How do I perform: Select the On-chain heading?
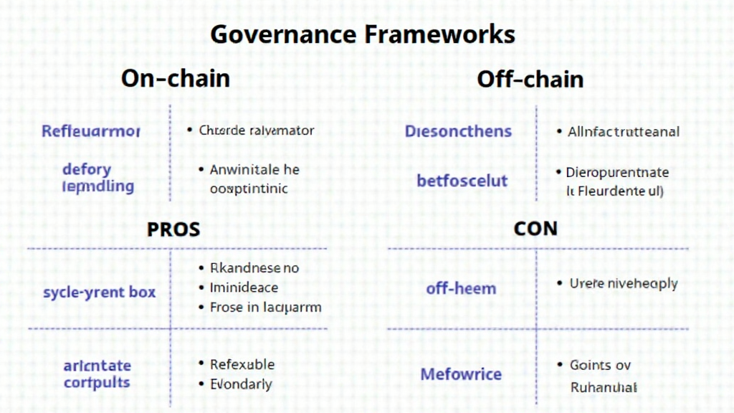[x=176, y=77]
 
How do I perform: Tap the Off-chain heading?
[x=530, y=78]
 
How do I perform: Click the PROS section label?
[x=173, y=229]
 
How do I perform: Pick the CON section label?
[x=535, y=229]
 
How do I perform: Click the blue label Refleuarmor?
[x=91, y=131]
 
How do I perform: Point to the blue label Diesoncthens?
[x=458, y=131]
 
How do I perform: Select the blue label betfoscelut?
[x=462, y=180]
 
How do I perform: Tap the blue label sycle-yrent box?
[x=99, y=293]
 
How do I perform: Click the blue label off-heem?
[x=461, y=289]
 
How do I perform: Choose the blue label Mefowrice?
[x=461, y=374]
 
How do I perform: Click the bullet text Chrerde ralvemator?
[x=257, y=130]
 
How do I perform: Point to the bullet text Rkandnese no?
[x=254, y=268]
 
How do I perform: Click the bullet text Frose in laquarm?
[x=265, y=307]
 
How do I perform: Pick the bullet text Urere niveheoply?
[x=623, y=283]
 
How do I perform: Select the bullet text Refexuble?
[x=242, y=364]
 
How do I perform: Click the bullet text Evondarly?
[x=241, y=384]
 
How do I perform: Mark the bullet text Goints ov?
[x=600, y=365]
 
